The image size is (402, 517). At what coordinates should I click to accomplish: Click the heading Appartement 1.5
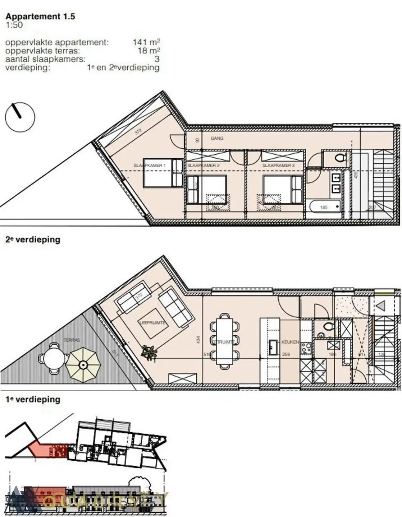pos(40,16)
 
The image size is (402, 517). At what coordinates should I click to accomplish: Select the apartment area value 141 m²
pos(146,42)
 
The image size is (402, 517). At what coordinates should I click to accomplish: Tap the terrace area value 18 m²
pos(149,51)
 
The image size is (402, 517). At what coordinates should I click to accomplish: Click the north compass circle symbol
pos(20,117)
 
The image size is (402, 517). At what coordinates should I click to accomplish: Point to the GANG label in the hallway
pos(217,138)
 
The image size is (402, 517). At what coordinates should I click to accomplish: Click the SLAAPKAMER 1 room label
pos(149,166)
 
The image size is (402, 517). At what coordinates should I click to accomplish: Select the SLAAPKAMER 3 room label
pos(278,166)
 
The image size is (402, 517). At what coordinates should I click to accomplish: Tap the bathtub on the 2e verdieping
pos(324,207)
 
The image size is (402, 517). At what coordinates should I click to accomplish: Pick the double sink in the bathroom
pos(336,183)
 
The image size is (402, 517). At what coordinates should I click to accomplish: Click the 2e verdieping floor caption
pos(33,239)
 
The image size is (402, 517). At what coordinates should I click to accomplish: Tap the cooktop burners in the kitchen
pos(306,348)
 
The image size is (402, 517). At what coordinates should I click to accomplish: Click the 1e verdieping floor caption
pos(33,399)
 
